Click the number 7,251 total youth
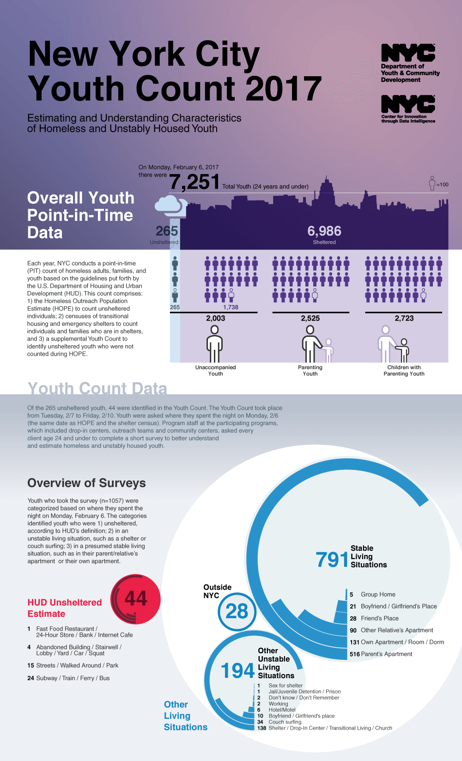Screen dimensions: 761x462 pyautogui.click(x=194, y=182)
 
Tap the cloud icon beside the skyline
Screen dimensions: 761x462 pyautogui.click(x=170, y=205)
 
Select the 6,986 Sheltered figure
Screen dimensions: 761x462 pyautogui.click(x=324, y=231)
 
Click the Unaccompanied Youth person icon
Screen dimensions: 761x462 pyautogui.click(x=215, y=344)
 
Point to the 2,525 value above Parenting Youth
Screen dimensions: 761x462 pyautogui.click(x=310, y=318)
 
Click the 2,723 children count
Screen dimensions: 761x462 pyautogui.click(x=404, y=318)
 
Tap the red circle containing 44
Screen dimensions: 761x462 pyautogui.click(x=136, y=599)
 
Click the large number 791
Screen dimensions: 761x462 pyautogui.click(x=332, y=560)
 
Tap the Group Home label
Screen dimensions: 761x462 pyautogui.click(x=378, y=594)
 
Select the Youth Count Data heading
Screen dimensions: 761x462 pyautogui.click(x=97, y=389)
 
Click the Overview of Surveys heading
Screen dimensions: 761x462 pyautogui.click(x=86, y=483)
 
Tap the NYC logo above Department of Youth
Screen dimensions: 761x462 pyautogui.click(x=408, y=53)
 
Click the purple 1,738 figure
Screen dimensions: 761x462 pyautogui.click(x=231, y=307)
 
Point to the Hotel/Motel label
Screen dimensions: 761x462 pyautogui.click(x=282, y=710)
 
